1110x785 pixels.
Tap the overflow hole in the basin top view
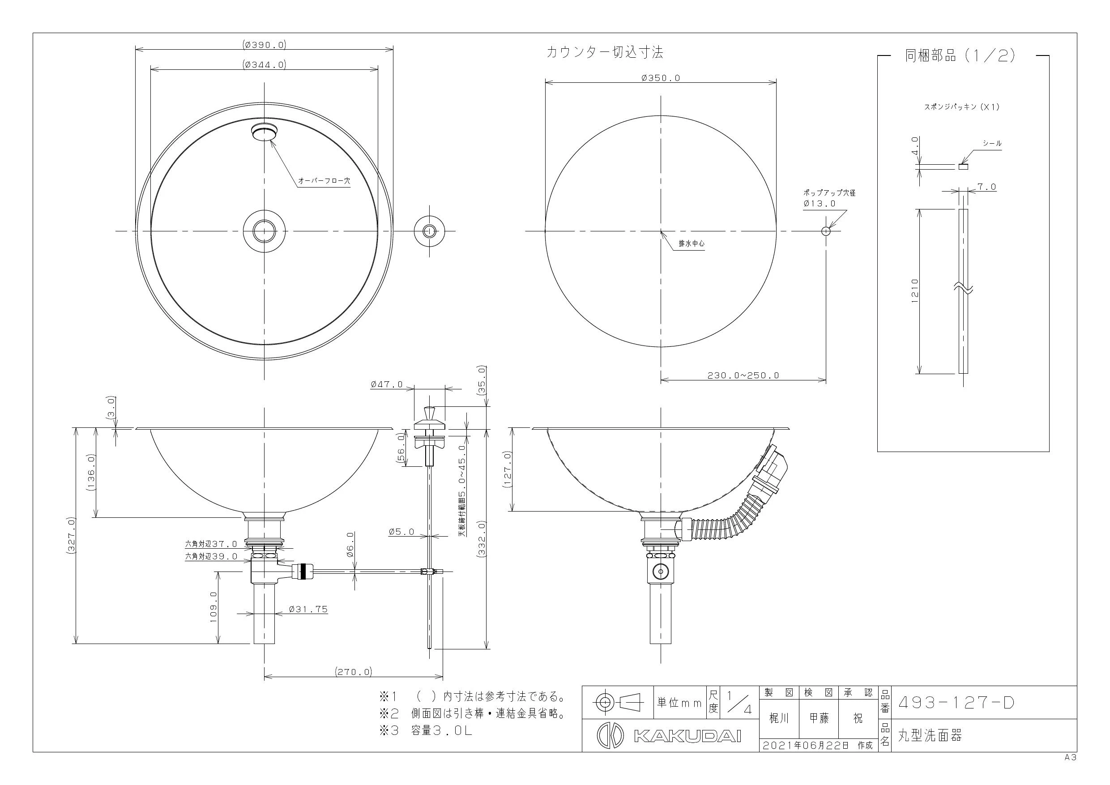coord(265,132)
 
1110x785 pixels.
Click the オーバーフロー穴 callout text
coord(324,181)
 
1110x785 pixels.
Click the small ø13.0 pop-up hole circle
coord(826,231)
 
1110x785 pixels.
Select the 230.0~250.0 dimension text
coord(743,375)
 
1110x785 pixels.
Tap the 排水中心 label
coord(692,243)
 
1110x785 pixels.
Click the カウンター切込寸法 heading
coord(604,52)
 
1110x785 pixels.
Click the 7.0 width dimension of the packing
coord(986,187)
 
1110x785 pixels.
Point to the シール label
coord(991,144)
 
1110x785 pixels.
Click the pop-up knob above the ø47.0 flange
coord(429,414)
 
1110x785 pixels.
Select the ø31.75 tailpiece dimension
coord(308,609)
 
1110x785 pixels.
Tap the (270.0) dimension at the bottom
coord(354,671)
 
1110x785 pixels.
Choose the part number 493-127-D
coord(956,702)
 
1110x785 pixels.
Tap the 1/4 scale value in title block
coord(740,703)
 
